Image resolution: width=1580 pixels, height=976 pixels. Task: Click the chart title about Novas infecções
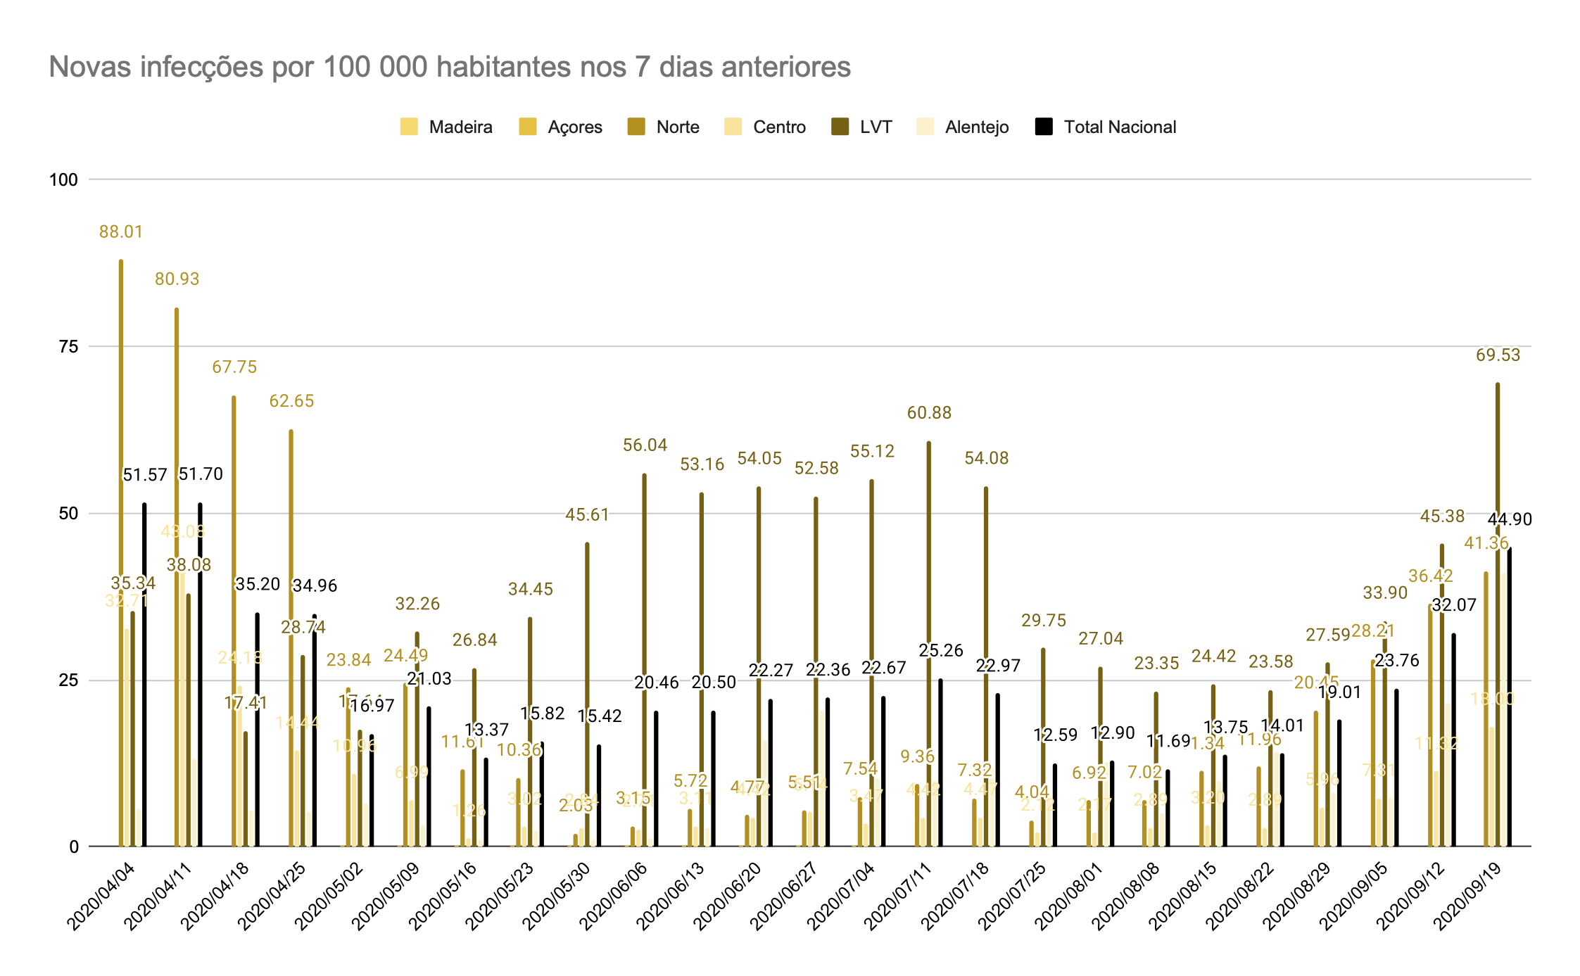coord(449,68)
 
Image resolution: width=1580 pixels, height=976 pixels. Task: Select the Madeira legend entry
coord(446,127)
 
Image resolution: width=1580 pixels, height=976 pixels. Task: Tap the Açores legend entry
coord(561,127)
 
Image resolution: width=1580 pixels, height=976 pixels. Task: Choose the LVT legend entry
coord(861,127)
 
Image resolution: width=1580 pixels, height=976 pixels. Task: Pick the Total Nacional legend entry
coord(1106,127)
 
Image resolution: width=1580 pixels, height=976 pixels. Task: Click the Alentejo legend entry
coord(962,127)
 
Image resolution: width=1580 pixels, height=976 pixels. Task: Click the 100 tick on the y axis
coord(63,179)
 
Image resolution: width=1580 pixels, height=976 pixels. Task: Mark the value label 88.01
coord(121,232)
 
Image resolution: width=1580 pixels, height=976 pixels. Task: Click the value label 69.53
coord(1498,355)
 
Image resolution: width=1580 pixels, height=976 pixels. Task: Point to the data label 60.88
coord(929,413)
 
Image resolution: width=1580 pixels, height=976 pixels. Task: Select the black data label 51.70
coord(201,474)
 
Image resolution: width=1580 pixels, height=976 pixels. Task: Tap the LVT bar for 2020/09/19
coord(1498,633)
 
